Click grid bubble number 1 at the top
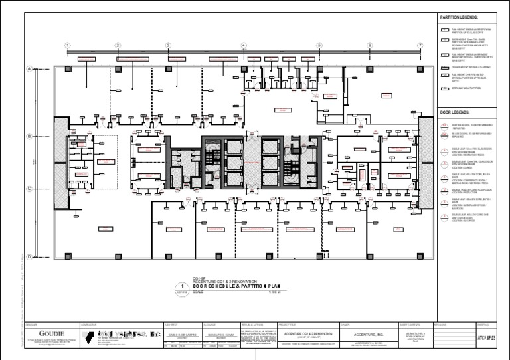[x=67, y=45]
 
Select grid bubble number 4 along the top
[x=244, y=45]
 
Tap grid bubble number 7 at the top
[x=419, y=45]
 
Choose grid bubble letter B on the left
[x=30, y=137]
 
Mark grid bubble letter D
[x=30, y=256]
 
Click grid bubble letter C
[x=30, y=188]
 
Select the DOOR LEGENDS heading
[x=454, y=112]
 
